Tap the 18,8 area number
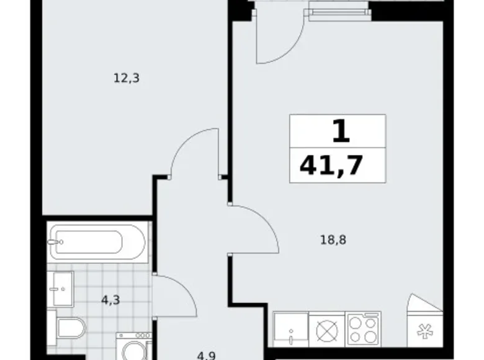333,239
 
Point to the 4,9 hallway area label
207,355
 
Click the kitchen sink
290,328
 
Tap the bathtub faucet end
57,241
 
